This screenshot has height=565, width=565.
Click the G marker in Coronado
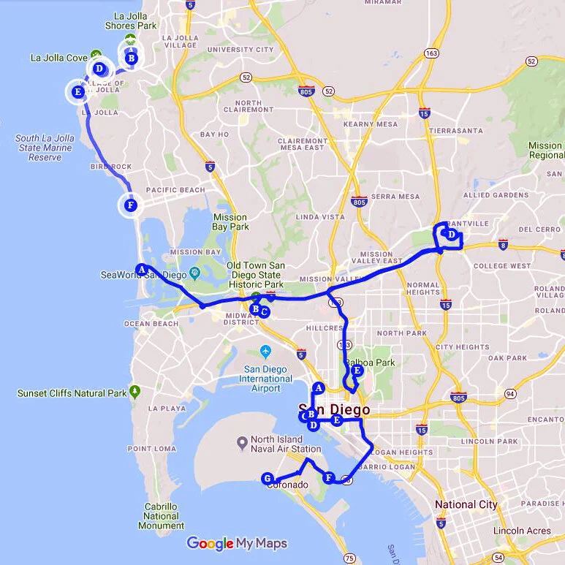(x=268, y=478)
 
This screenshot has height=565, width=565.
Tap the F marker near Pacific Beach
(x=130, y=205)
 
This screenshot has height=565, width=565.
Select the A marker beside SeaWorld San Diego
(x=142, y=268)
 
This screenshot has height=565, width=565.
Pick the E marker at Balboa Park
(x=357, y=371)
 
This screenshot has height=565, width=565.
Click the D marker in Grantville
(x=452, y=235)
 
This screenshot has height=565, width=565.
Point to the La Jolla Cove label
(x=58, y=57)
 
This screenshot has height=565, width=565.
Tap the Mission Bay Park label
(x=231, y=221)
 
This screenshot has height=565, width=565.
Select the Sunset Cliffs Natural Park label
(x=72, y=393)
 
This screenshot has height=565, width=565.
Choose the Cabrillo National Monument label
(x=161, y=515)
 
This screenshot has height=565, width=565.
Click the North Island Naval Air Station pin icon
(x=242, y=443)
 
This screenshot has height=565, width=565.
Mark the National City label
(x=466, y=504)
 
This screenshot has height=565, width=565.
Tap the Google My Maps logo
(x=237, y=543)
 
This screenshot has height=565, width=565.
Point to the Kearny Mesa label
(x=371, y=124)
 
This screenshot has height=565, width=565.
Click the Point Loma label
(x=150, y=449)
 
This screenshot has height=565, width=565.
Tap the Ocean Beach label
(x=151, y=323)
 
